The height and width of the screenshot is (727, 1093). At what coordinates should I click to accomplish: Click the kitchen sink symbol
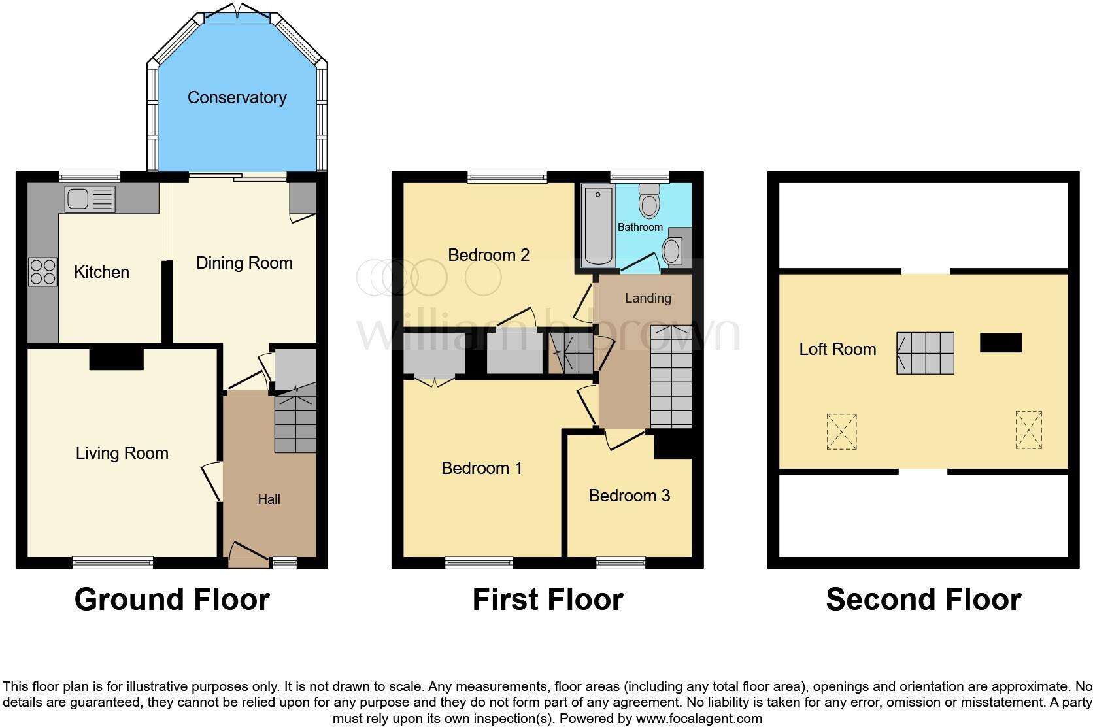tap(90, 199)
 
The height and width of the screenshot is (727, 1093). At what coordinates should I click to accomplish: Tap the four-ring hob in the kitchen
tap(42, 272)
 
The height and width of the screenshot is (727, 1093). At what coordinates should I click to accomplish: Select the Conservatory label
tap(237, 98)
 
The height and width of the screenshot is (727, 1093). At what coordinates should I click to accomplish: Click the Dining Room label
tap(244, 263)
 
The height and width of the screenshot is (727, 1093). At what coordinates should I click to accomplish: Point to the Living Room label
tap(122, 453)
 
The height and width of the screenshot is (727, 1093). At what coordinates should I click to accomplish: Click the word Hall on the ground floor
tap(269, 499)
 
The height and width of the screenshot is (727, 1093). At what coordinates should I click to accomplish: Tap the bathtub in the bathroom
tap(598, 226)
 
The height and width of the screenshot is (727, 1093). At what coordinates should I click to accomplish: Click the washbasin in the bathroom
tap(671, 250)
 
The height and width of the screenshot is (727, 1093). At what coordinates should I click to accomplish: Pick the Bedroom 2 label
tap(488, 255)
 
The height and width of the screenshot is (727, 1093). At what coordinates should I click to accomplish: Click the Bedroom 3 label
tap(629, 496)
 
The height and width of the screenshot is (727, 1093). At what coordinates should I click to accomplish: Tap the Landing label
tap(648, 298)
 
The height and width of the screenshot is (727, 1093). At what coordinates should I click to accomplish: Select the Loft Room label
tap(837, 349)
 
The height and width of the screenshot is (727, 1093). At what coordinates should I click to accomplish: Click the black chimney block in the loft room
tap(1000, 343)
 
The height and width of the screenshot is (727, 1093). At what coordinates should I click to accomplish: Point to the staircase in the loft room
tap(925, 353)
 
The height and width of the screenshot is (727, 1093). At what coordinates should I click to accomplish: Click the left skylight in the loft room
tap(841, 431)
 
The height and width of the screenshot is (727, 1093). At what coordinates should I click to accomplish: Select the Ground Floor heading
tap(172, 599)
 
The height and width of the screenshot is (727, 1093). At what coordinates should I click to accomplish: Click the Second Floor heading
tap(923, 599)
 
